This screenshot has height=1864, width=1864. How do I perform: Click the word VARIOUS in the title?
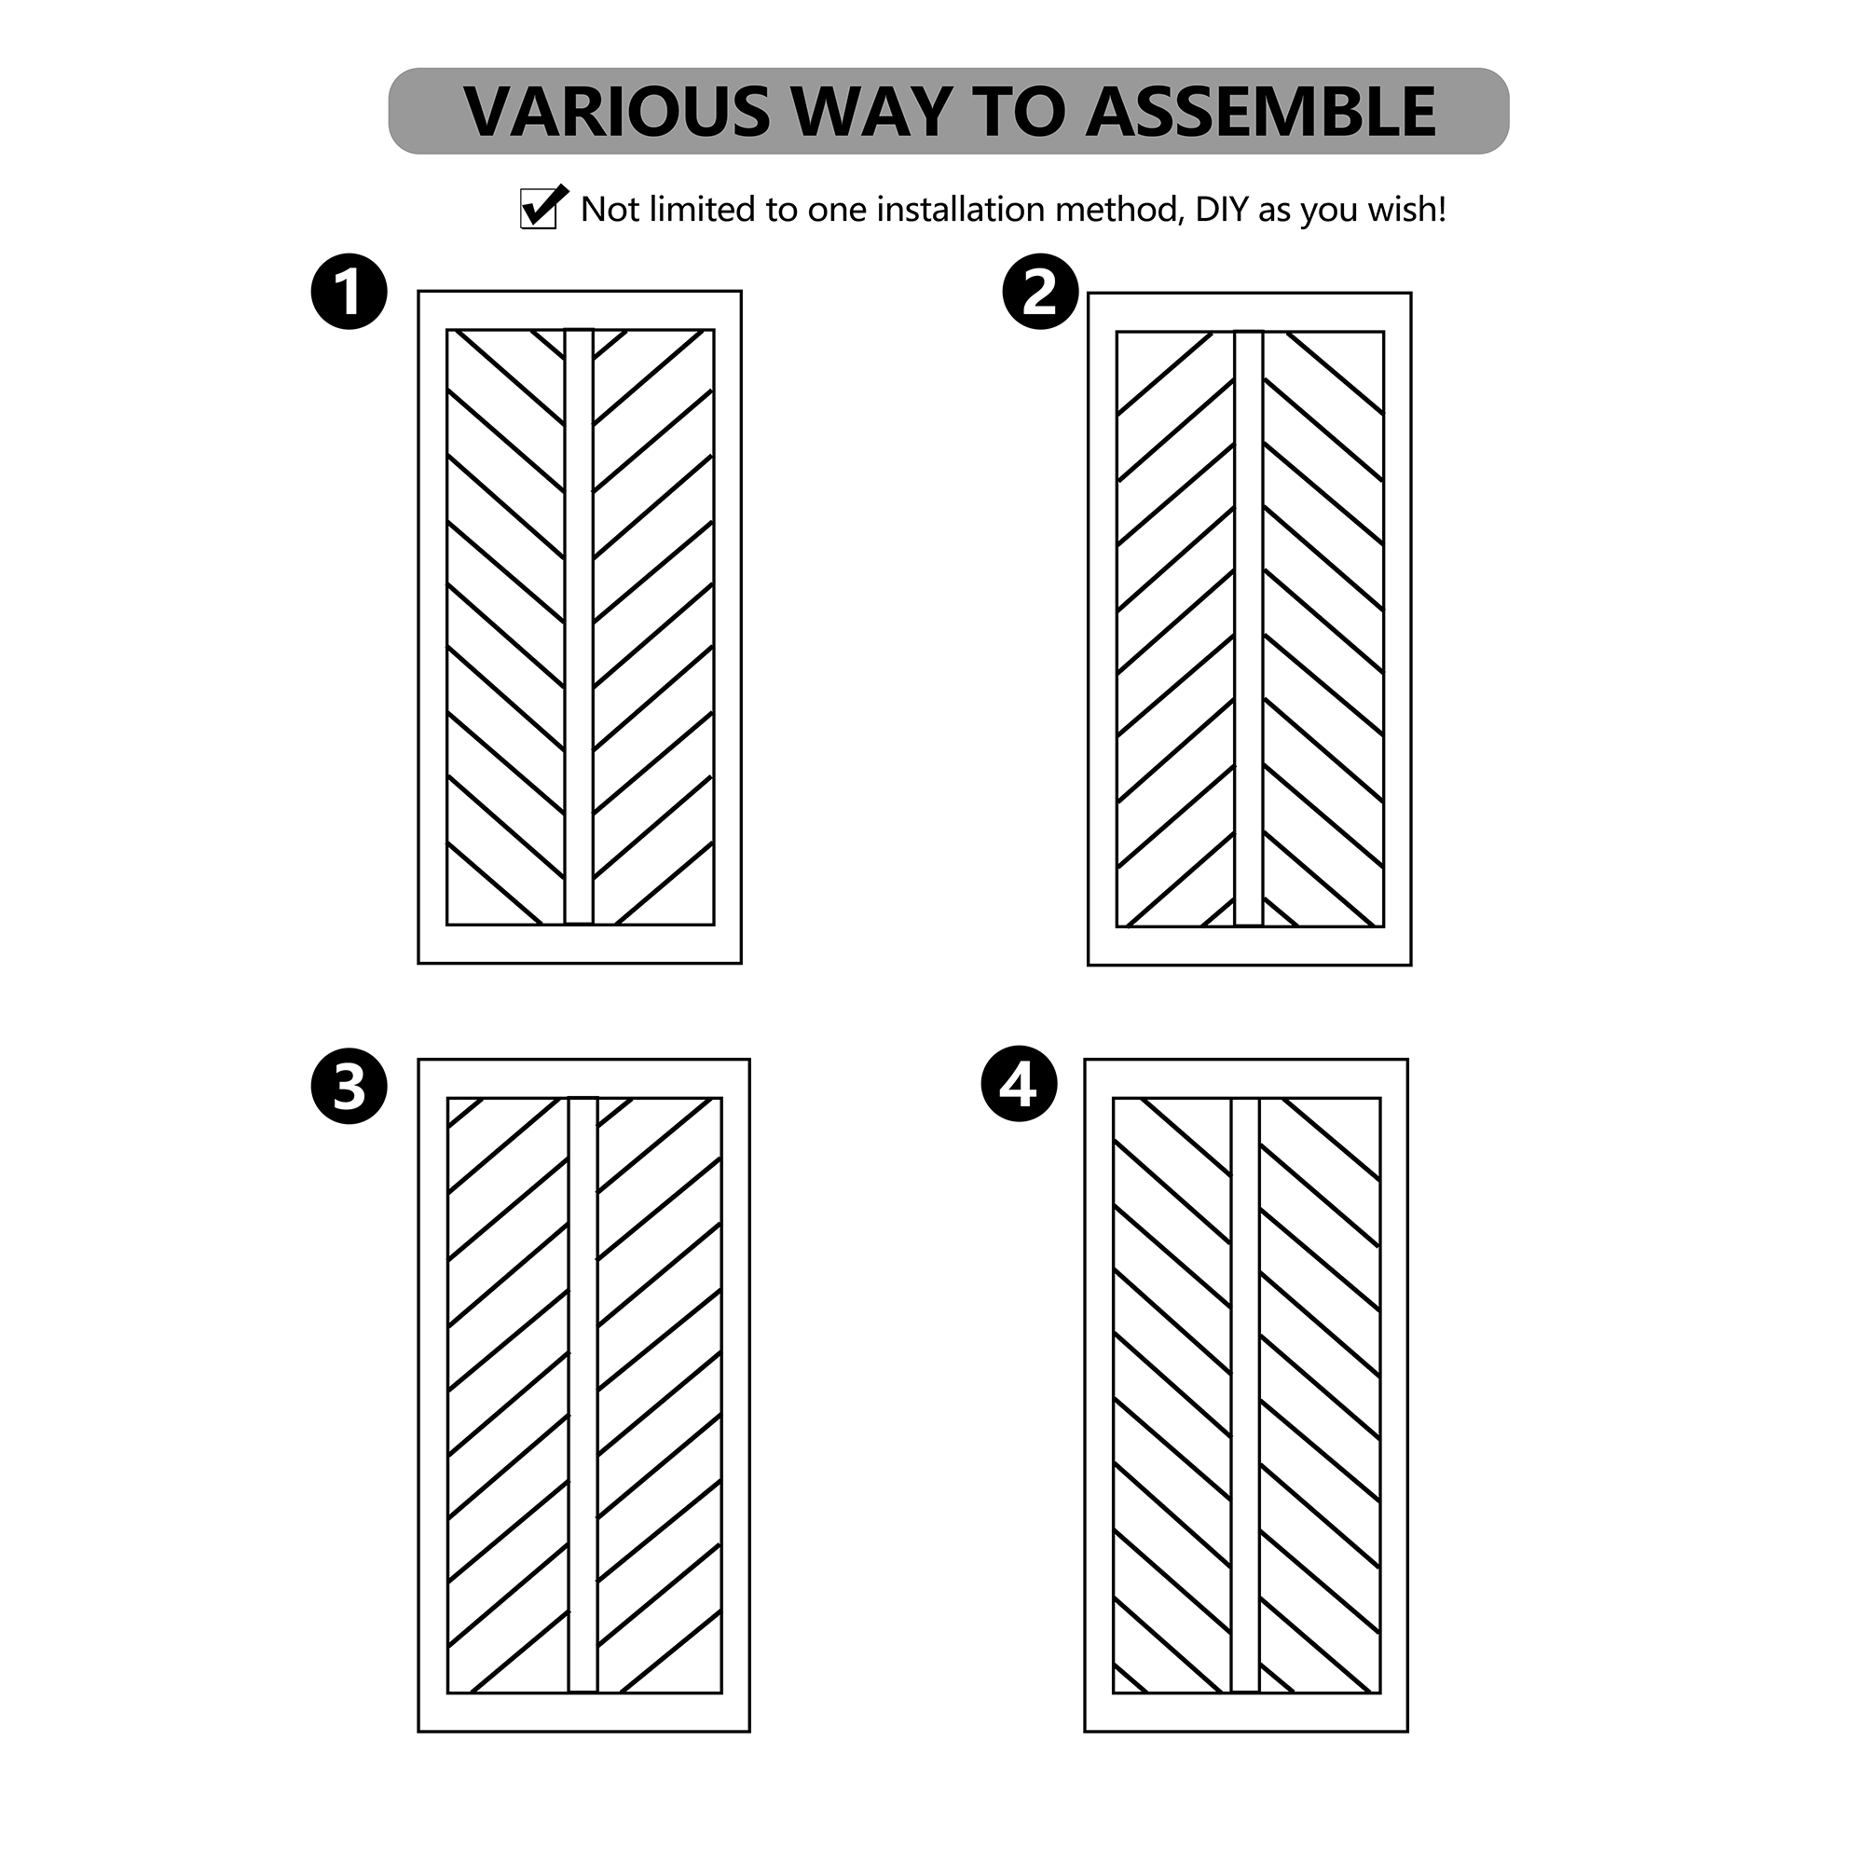616,112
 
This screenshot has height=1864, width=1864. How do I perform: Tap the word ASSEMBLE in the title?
1260,112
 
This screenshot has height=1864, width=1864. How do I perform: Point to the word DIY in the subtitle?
1222,210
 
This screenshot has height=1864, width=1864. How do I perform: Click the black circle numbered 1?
349,292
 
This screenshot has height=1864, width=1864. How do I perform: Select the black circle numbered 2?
1040,292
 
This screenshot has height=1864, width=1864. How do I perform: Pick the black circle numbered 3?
349,1087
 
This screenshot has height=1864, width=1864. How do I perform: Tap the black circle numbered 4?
1019,1084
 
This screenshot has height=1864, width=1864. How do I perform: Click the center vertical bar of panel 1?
579,627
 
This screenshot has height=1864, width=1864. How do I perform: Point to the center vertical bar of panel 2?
1249,629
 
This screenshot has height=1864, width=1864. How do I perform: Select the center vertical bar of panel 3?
582,1395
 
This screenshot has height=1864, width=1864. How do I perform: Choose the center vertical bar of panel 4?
1245,1395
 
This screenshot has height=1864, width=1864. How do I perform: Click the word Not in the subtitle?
610,210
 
